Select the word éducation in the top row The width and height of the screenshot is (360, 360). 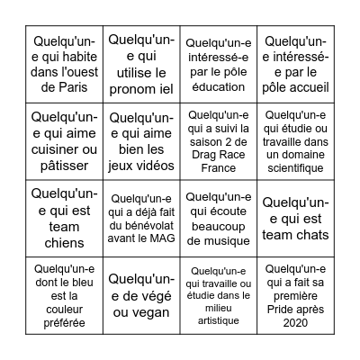coord(220,86)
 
